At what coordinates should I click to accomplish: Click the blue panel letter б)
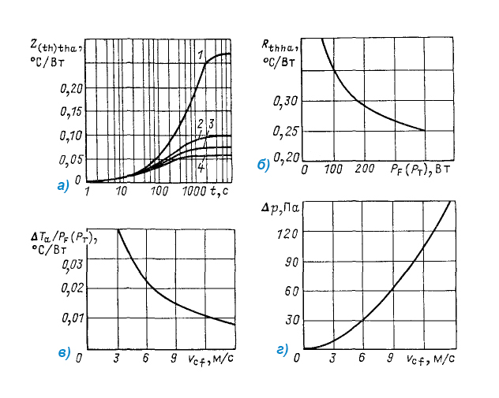[263, 165]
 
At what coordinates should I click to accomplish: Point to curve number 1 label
[202, 53]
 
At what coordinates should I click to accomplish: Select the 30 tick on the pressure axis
[291, 320]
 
